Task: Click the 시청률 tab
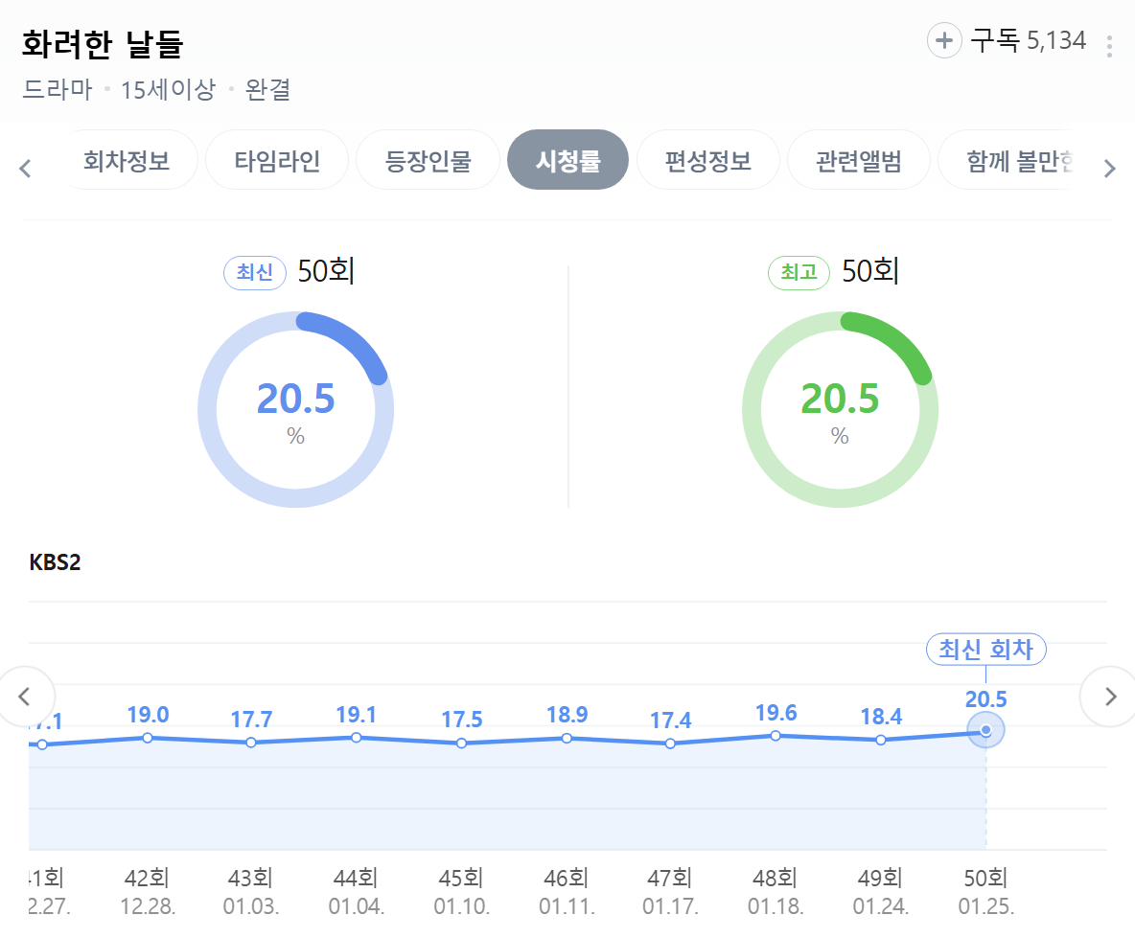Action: click(567, 160)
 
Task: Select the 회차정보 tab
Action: click(127, 160)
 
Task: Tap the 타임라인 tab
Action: click(277, 160)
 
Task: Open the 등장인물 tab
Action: click(428, 160)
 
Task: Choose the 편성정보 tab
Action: click(708, 160)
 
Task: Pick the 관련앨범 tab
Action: click(859, 160)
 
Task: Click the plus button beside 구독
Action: click(944, 40)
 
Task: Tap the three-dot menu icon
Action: click(1109, 46)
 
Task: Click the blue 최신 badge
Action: click(255, 273)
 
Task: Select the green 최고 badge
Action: click(799, 273)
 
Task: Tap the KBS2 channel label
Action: click(56, 562)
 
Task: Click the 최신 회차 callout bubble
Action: click(985, 650)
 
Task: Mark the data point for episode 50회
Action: click(985, 731)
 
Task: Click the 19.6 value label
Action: click(776, 713)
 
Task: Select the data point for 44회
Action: click(357, 738)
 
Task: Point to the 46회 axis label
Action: click(566, 878)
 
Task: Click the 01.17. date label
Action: click(670, 906)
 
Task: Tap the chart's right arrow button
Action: click(1110, 697)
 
